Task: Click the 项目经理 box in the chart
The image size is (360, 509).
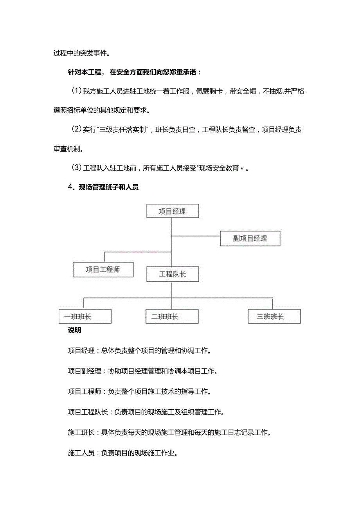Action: [172, 212]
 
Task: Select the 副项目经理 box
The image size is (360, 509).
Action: [250, 238]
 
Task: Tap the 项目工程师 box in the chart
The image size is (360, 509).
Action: [103, 270]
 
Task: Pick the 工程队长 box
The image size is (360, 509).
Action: [172, 274]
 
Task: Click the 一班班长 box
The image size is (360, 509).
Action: [85, 316]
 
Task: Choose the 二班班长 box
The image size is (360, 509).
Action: [172, 316]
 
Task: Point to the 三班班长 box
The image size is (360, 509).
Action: [274, 316]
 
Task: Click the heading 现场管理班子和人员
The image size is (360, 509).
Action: [108, 187]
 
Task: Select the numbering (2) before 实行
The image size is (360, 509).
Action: [76, 129]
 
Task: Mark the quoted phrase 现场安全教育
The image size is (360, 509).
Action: [219, 168]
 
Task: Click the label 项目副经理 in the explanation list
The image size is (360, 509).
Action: [84, 371]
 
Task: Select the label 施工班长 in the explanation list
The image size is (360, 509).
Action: [81, 432]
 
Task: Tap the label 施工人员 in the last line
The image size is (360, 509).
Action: [81, 453]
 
